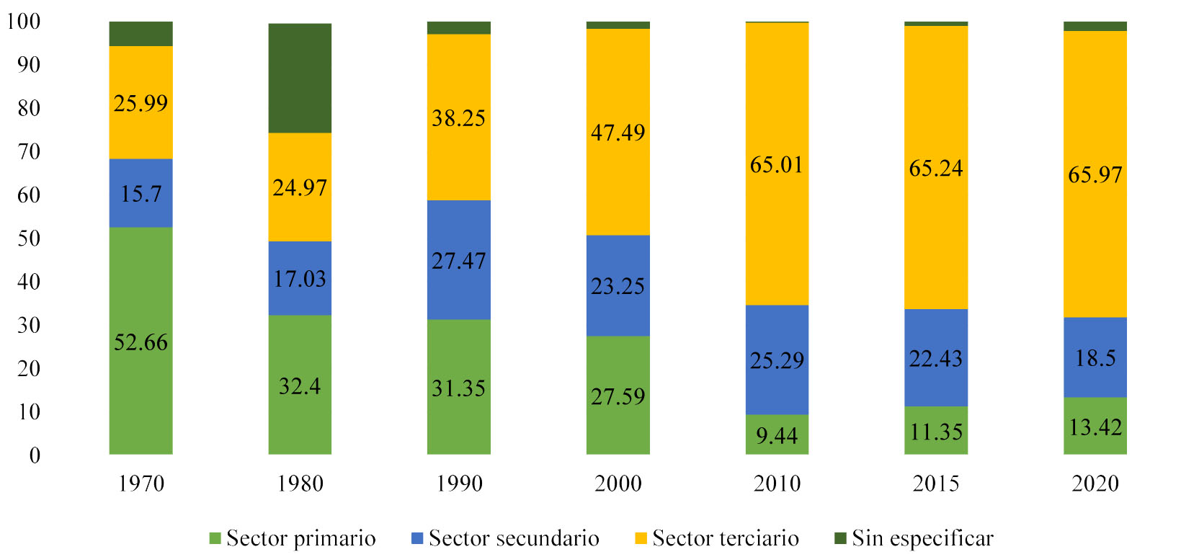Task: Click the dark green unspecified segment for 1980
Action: click(300, 78)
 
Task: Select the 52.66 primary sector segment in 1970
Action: click(141, 341)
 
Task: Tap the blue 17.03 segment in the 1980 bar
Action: click(300, 278)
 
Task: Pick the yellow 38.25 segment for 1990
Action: click(458, 117)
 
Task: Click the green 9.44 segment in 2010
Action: click(777, 435)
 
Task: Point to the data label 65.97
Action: click(1095, 174)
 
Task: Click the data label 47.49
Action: click(618, 133)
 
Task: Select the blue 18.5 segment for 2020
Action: click(1095, 357)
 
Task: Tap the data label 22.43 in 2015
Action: click(935, 358)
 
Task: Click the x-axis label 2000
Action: click(618, 483)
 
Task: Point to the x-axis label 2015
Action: click(935, 483)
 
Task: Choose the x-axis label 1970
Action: click(141, 483)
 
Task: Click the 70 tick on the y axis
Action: click(29, 151)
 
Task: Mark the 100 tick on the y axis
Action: click(23, 21)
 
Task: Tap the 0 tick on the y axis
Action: click(35, 455)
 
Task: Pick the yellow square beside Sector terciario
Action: click(641, 538)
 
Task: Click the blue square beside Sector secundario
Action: click(416, 538)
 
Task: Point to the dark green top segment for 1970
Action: click(141, 34)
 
